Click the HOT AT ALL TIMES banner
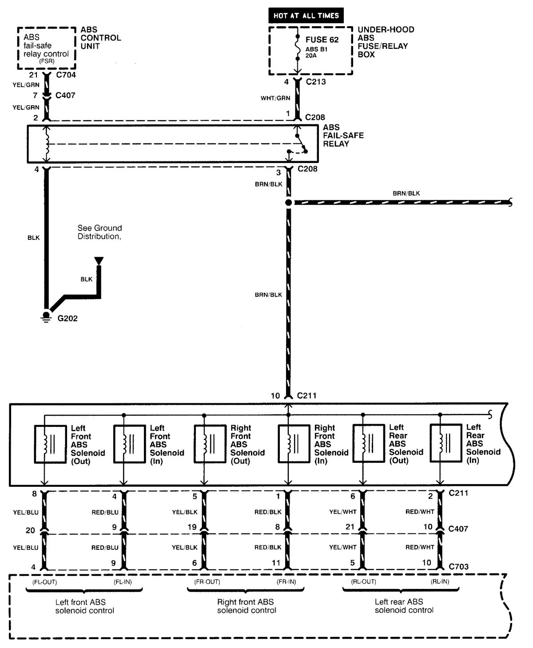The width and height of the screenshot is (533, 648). pyautogui.click(x=306, y=16)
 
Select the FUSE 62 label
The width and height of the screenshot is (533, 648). pyautogui.click(x=322, y=40)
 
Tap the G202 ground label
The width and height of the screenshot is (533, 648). pyautogui.click(x=68, y=318)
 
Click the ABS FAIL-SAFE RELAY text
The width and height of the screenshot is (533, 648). pyautogui.click(x=343, y=135)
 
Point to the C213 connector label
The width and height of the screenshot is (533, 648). pyautogui.click(x=316, y=82)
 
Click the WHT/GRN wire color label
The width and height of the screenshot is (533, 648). pyautogui.click(x=275, y=98)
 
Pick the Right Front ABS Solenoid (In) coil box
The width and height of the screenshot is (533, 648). pyautogui.click(x=294, y=444)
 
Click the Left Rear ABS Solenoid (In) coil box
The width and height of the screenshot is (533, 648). pyautogui.click(x=445, y=444)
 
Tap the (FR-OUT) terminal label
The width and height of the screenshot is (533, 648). pyautogui.click(x=207, y=582)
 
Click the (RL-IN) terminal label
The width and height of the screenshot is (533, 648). pyautogui.click(x=440, y=582)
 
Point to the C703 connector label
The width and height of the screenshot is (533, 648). pyautogui.click(x=459, y=566)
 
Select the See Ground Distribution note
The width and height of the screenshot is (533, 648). pyautogui.click(x=99, y=232)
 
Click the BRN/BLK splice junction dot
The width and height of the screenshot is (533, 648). pyautogui.click(x=288, y=203)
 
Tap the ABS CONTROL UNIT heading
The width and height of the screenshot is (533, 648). pyautogui.click(x=101, y=38)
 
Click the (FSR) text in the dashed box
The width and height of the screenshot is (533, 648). pyautogui.click(x=47, y=61)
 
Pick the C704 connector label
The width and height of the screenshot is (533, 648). pyautogui.click(x=66, y=75)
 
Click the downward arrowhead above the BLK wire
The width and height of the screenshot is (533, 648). pyautogui.click(x=99, y=261)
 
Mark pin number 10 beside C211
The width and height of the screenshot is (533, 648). pyautogui.click(x=275, y=395)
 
